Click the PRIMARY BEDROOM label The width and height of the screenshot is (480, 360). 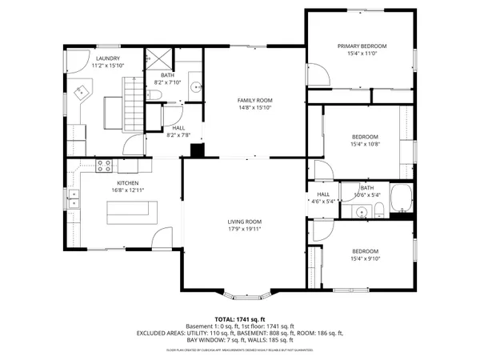tap(362, 46)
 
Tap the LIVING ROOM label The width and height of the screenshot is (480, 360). tap(244, 222)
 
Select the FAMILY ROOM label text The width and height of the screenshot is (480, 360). tap(254, 100)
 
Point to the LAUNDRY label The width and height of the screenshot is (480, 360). tap(108, 58)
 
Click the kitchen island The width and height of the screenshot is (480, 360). tap(133, 212)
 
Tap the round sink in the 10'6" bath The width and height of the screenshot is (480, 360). tap(362, 212)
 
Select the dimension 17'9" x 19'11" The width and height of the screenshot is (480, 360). tap(244, 229)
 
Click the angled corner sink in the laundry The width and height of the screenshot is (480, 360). tap(81, 94)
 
